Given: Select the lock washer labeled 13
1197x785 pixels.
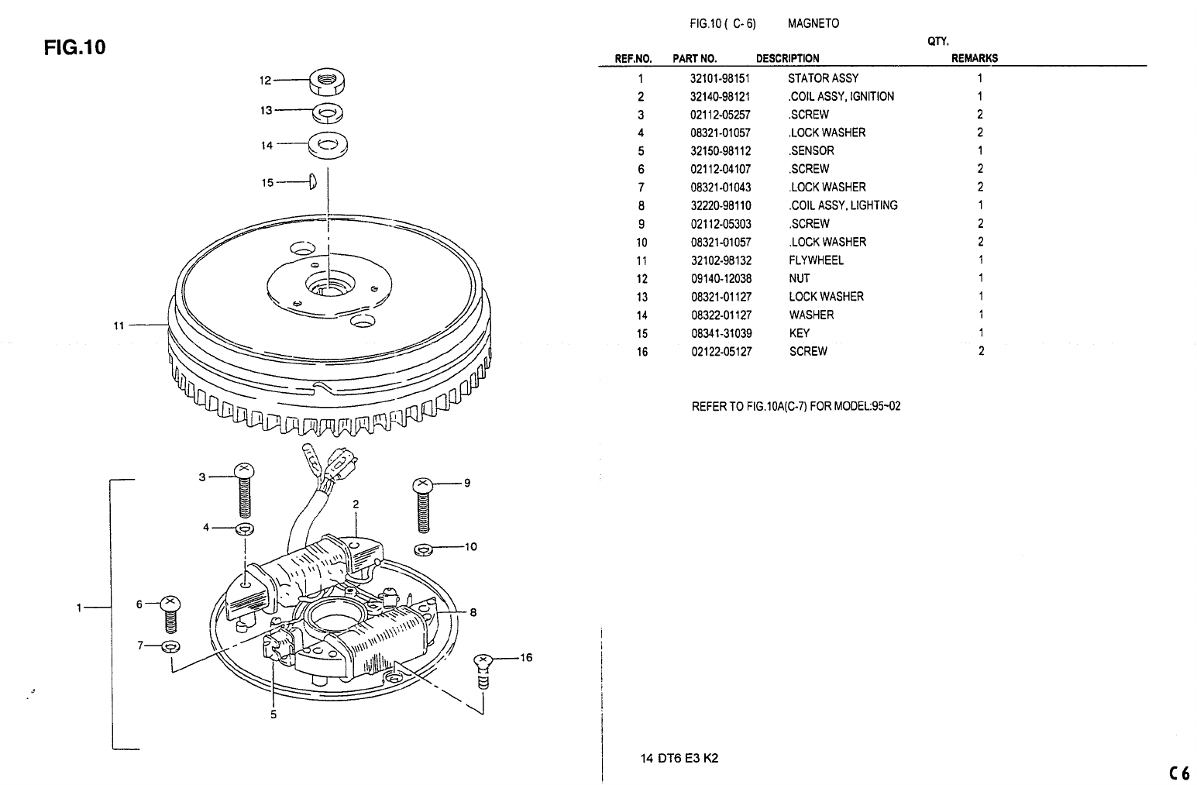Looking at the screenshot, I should click(x=329, y=114).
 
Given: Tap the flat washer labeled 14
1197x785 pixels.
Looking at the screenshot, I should click(x=328, y=144).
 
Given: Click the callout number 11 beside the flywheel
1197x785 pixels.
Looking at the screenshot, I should click(x=119, y=325).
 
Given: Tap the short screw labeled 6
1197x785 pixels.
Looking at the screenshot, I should click(x=170, y=612).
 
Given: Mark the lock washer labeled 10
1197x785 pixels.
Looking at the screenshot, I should click(x=422, y=549).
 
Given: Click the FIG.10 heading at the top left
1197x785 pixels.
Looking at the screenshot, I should click(x=74, y=48).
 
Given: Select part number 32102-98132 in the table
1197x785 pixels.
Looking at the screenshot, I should click(x=721, y=260).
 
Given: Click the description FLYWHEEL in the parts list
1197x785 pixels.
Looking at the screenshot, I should click(x=817, y=260).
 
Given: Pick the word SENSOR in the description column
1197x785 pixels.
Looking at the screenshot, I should click(x=812, y=151).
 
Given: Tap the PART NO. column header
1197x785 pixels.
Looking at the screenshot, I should click(x=694, y=58).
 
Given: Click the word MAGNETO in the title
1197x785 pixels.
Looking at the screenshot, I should click(x=813, y=23).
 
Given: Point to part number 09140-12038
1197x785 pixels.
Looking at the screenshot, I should click(x=721, y=279).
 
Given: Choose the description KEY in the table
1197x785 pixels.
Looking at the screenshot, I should click(x=799, y=333).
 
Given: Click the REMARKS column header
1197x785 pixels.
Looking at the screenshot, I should click(x=974, y=58).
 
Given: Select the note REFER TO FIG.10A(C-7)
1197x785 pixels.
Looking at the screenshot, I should click(x=796, y=406).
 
